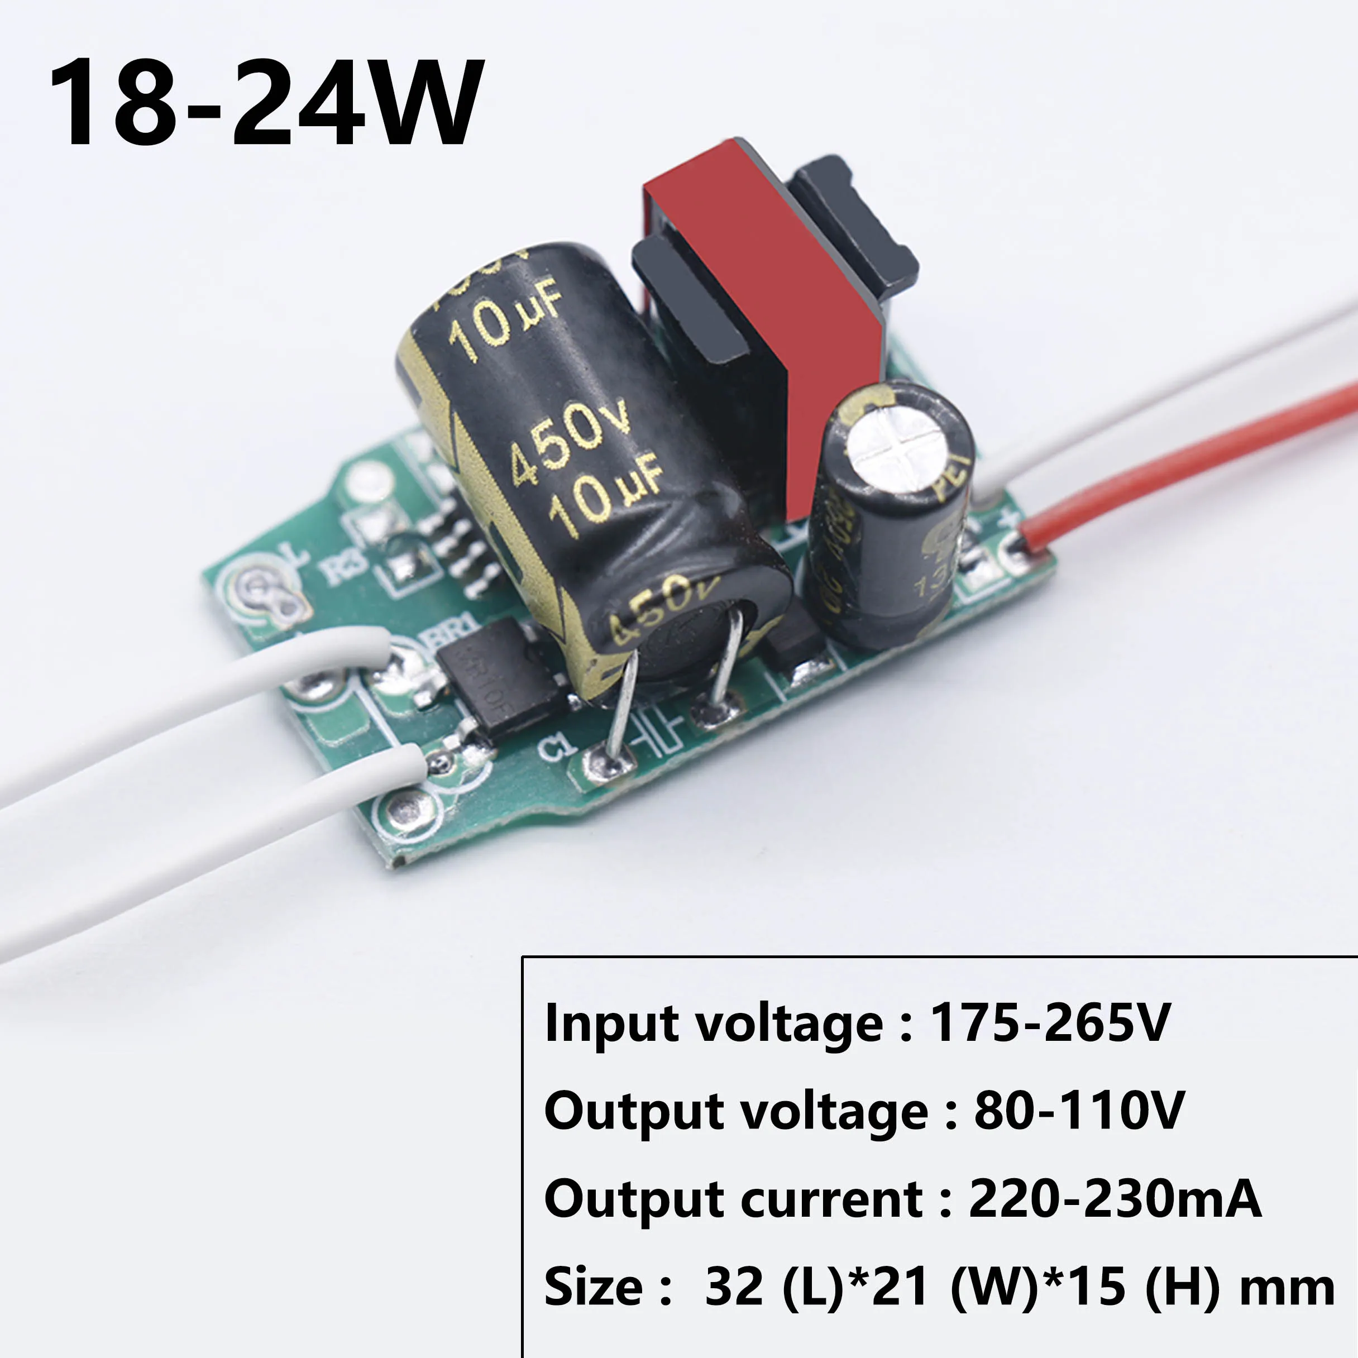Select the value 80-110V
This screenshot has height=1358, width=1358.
pos(1079,1111)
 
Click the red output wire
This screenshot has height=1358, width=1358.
pos(1195,450)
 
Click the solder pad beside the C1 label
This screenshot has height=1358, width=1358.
pos(609,763)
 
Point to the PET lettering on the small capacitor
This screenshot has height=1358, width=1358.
pos(953,478)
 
